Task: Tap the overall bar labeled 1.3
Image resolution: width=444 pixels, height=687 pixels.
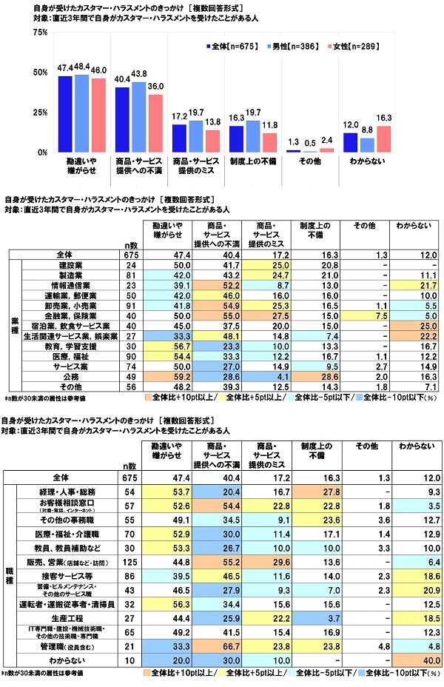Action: coord(294,150)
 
